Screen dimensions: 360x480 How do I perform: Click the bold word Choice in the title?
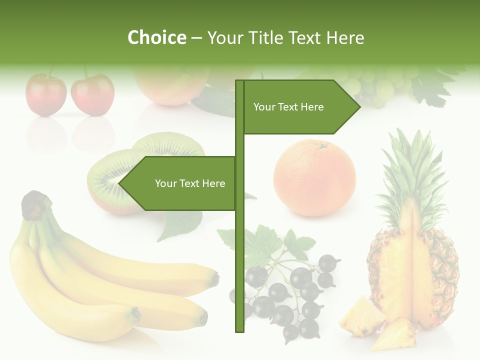pyautogui.click(x=156, y=38)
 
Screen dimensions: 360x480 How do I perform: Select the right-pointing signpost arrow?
pyautogui.click(x=300, y=107)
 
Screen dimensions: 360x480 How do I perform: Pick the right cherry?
pyautogui.click(x=92, y=94)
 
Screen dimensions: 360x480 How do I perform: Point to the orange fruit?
pyautogui.click(x=314, y=178)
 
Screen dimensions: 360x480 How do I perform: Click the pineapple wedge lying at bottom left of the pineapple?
pyautogui.click(x=361, y=315)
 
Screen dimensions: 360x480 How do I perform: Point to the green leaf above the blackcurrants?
pyautogui.click(x=260, y=245)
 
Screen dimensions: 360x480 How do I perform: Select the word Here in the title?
pyautogui.click(x=345, y=38)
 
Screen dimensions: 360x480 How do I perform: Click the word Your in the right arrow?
pyautogui.click(x=264, y=107)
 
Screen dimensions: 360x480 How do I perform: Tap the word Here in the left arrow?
pyautogui.click(x=213, y=183)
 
